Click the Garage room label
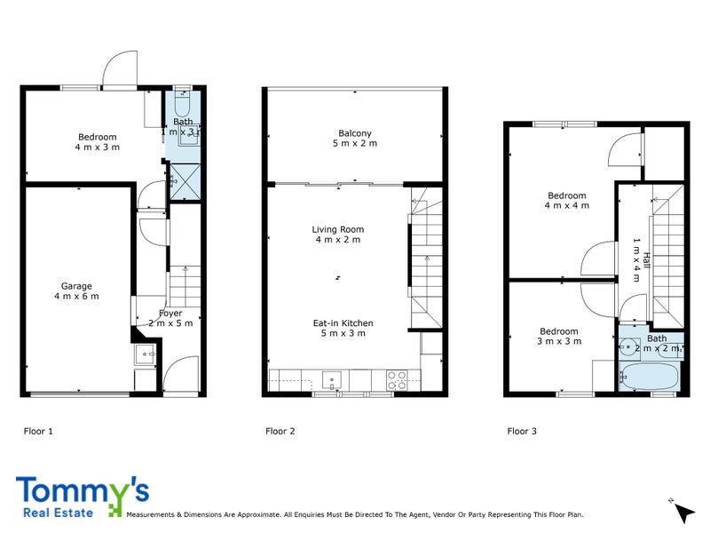click(76, 290)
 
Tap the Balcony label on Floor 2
click(354, 139)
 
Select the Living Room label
click(337, 235)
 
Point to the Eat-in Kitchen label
click(343, 328)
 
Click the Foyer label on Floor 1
click(170, 318)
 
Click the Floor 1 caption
click(38, 432)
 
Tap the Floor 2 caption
click(280, 432)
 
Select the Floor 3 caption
click(522, 432)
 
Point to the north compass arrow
click(682, 512)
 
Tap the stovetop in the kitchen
click(396, 380)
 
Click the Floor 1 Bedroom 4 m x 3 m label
click(98, 141)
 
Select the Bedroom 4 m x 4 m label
click(567, 200)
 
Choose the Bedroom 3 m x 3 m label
click(559, 337)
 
